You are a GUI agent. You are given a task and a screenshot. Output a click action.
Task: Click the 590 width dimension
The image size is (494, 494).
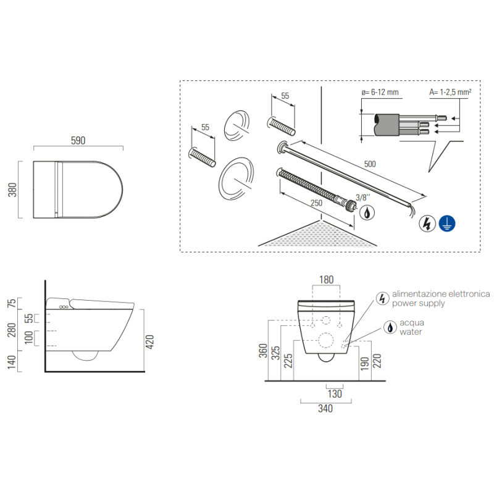78,141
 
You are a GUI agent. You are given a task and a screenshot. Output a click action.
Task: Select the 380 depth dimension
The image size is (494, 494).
12,190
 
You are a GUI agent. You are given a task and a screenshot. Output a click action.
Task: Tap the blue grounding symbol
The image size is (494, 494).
447,224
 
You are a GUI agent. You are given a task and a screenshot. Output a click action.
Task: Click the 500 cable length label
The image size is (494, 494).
370,164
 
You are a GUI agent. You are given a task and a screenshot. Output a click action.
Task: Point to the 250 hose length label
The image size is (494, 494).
316,203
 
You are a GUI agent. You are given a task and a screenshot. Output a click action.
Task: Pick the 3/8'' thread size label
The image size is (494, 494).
363,198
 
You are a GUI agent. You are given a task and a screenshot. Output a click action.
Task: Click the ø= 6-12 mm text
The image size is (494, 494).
380,92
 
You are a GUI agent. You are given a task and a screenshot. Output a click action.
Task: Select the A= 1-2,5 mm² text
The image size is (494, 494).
450,92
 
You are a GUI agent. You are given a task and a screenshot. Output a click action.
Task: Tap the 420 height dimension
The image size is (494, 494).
149,342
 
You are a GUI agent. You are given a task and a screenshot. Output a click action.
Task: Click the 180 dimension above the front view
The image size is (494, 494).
326,280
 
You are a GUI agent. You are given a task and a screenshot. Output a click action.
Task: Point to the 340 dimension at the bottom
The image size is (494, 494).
325,409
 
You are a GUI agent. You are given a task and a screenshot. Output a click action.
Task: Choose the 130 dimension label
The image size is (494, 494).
335,394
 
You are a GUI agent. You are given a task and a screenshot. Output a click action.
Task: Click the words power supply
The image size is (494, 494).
419,303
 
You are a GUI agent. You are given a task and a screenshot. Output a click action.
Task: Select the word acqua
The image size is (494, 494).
412,323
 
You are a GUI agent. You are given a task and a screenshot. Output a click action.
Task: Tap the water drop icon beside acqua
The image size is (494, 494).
390,327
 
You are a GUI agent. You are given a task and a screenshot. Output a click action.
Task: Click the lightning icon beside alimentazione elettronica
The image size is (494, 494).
382,298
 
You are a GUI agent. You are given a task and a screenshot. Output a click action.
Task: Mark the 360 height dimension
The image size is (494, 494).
263,351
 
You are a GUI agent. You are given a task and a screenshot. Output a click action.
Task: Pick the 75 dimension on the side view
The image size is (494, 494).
11,303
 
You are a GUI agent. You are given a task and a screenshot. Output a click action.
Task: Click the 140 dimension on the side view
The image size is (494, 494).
12,362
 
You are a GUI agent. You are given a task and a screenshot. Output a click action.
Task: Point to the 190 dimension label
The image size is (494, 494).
365,364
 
